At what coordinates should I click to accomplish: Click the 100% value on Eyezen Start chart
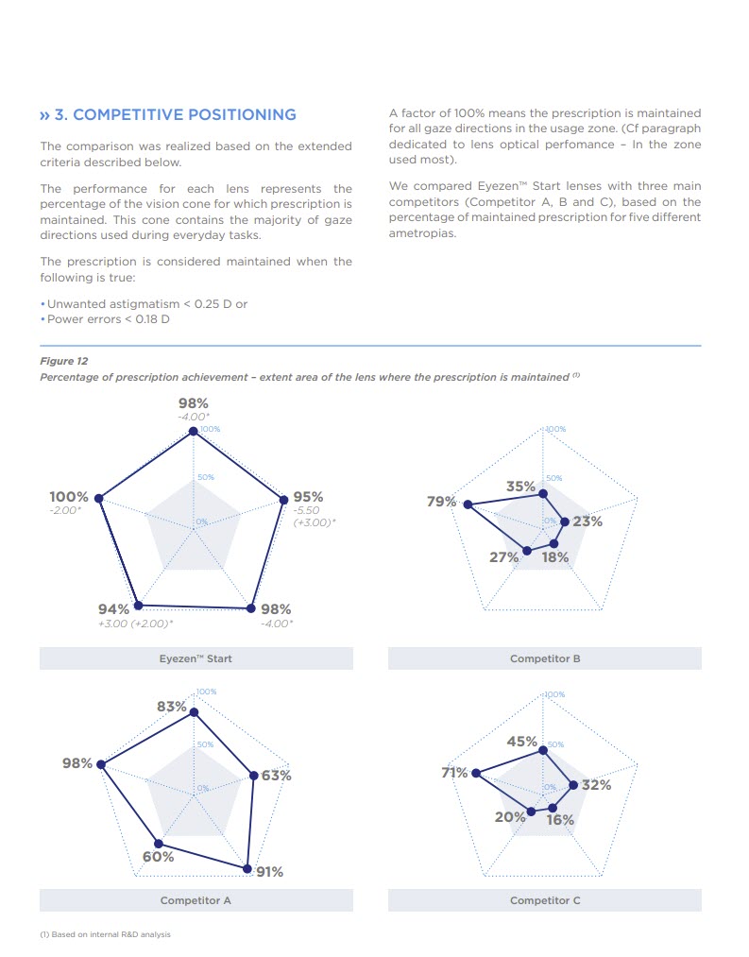click(x=69, y=497)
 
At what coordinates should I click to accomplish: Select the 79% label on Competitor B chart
click(x=441, y=502)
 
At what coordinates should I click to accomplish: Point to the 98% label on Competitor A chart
click(x=77, y=763)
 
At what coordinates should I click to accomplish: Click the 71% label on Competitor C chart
click(x=454, y=773)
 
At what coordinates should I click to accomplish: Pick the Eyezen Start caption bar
click(x=196, y=658)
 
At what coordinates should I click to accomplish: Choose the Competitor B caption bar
click(x=544, y=658)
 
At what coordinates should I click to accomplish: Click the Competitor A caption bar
click(x=196, y=900)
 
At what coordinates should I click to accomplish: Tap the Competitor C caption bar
click(x=544, y=900)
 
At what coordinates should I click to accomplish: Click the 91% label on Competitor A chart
click(x=269, y=872)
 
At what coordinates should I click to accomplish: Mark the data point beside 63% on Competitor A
click(x=253, y=776)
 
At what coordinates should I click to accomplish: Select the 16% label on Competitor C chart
click(x=560, y=820)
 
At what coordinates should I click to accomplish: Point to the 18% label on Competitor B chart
click(x=555, y=557)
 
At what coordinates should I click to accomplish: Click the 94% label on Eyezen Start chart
click(x=113, y=609)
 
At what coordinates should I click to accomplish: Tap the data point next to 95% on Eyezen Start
click(x=281, y=500)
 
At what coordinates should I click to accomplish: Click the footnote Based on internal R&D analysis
click(x=106, y=934)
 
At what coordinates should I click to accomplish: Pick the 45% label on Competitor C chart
click(x=521, y=742)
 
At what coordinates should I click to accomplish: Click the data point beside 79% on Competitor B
click(x=467, y=504)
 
